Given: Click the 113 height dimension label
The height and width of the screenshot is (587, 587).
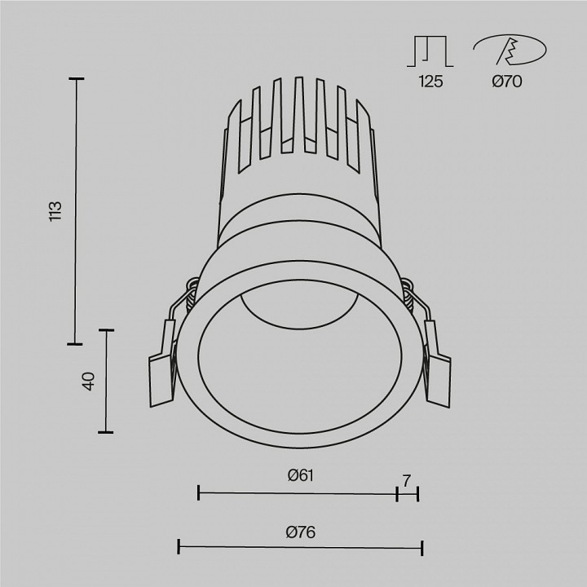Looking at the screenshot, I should click(55, 211).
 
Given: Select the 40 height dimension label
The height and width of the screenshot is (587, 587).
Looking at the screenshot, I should click(89, 381).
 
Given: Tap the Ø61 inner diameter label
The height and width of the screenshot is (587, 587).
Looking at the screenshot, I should click(301, 476).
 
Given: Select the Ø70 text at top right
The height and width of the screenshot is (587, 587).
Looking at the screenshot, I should click(507, 81).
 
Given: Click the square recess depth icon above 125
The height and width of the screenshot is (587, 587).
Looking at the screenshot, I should click(429, 51).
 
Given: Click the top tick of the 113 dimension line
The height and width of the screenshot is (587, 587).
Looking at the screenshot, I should click(77, 79).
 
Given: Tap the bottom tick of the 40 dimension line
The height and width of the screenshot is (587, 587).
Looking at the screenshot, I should click(105, 432).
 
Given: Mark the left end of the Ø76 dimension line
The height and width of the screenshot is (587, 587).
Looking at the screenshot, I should click(179, 547).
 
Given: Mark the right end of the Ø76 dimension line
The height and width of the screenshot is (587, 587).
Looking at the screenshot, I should click(421, 547).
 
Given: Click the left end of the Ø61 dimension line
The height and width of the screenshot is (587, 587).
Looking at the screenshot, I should click(199, 492).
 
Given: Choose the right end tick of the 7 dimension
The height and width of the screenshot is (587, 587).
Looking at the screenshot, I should click(417, 492).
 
